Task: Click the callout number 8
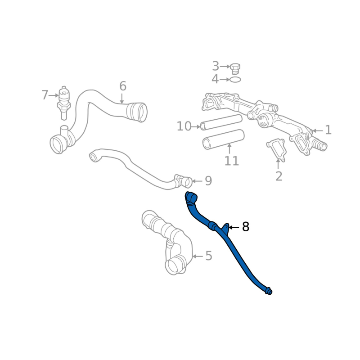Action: point(245,227)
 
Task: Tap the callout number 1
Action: point(328,130)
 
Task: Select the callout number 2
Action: point(279,176)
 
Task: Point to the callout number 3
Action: point(216,67)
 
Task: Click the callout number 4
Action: point(215,80)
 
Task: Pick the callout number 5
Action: point(208,256)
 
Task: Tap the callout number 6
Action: point(122,86)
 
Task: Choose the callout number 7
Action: point(45,95)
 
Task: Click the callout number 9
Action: point(208,181)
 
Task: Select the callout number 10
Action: point(184,126)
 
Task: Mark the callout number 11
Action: point(231,161)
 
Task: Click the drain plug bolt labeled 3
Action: point(235,68)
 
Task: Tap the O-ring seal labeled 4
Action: point(235,80)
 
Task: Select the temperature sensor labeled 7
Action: point(64,100)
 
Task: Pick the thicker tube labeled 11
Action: point(223,139)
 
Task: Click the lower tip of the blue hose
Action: point(269,291)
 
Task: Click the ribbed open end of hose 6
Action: point(138,112)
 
